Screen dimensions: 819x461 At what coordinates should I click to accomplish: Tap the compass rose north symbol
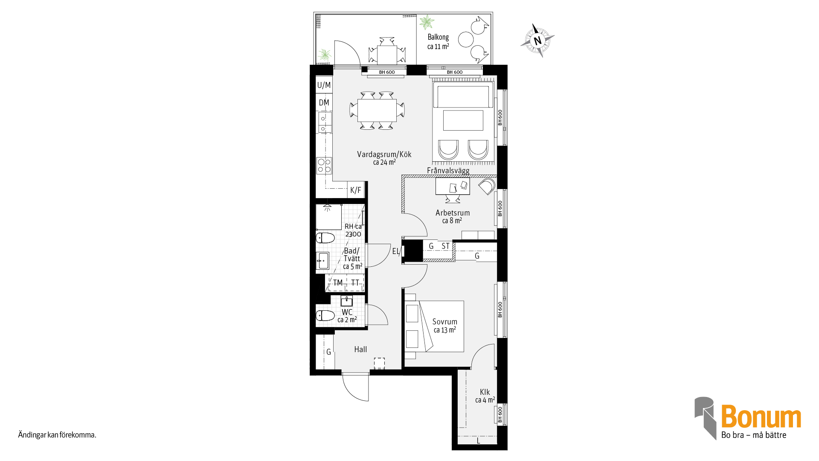click(x=537, y=41)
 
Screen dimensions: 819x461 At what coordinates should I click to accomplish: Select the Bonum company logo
click(x=748, y=418)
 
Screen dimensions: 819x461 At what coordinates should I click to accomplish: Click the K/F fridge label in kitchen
click(x=355, y=190)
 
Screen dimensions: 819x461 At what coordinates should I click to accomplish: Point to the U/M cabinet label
click(x=324, y=85)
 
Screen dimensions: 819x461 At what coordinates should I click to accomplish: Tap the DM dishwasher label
click(x=324, y=102)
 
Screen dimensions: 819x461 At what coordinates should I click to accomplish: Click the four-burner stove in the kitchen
click(x=324, y=166)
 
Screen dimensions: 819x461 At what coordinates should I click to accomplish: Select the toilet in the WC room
click(x=325, y=316)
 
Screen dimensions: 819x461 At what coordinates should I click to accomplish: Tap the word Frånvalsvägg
click(x=448, y=171)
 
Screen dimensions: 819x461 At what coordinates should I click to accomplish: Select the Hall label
click(x=360, y=349)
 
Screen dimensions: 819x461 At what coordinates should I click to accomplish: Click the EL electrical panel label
click(x=395, y=251)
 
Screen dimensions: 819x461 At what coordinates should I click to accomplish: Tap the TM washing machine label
click(x=338, y=283)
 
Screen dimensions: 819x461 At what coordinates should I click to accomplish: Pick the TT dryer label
click(x=355, y=283)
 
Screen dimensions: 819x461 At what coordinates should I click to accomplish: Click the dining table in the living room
click(x=377, y=111)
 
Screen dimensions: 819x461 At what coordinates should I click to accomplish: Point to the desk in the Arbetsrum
click(x=453, y=187)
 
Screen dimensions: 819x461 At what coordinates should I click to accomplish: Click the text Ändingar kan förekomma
click(x=57, y=435)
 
